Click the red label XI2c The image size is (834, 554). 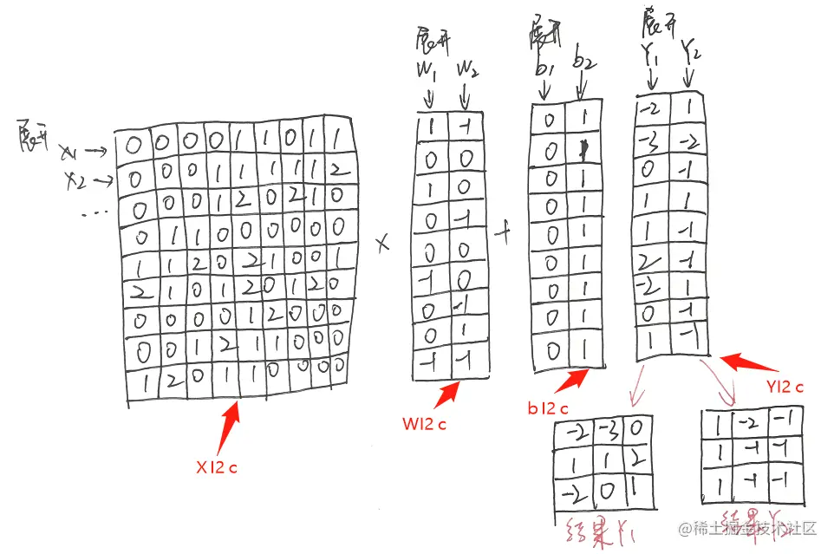point(216,467)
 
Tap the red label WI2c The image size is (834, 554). point(424,425)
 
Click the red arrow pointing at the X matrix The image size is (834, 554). point(231,423)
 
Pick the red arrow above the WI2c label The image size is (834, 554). point(449,394)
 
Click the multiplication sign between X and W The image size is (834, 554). point(383,245)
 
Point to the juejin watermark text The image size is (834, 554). point(749,528)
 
